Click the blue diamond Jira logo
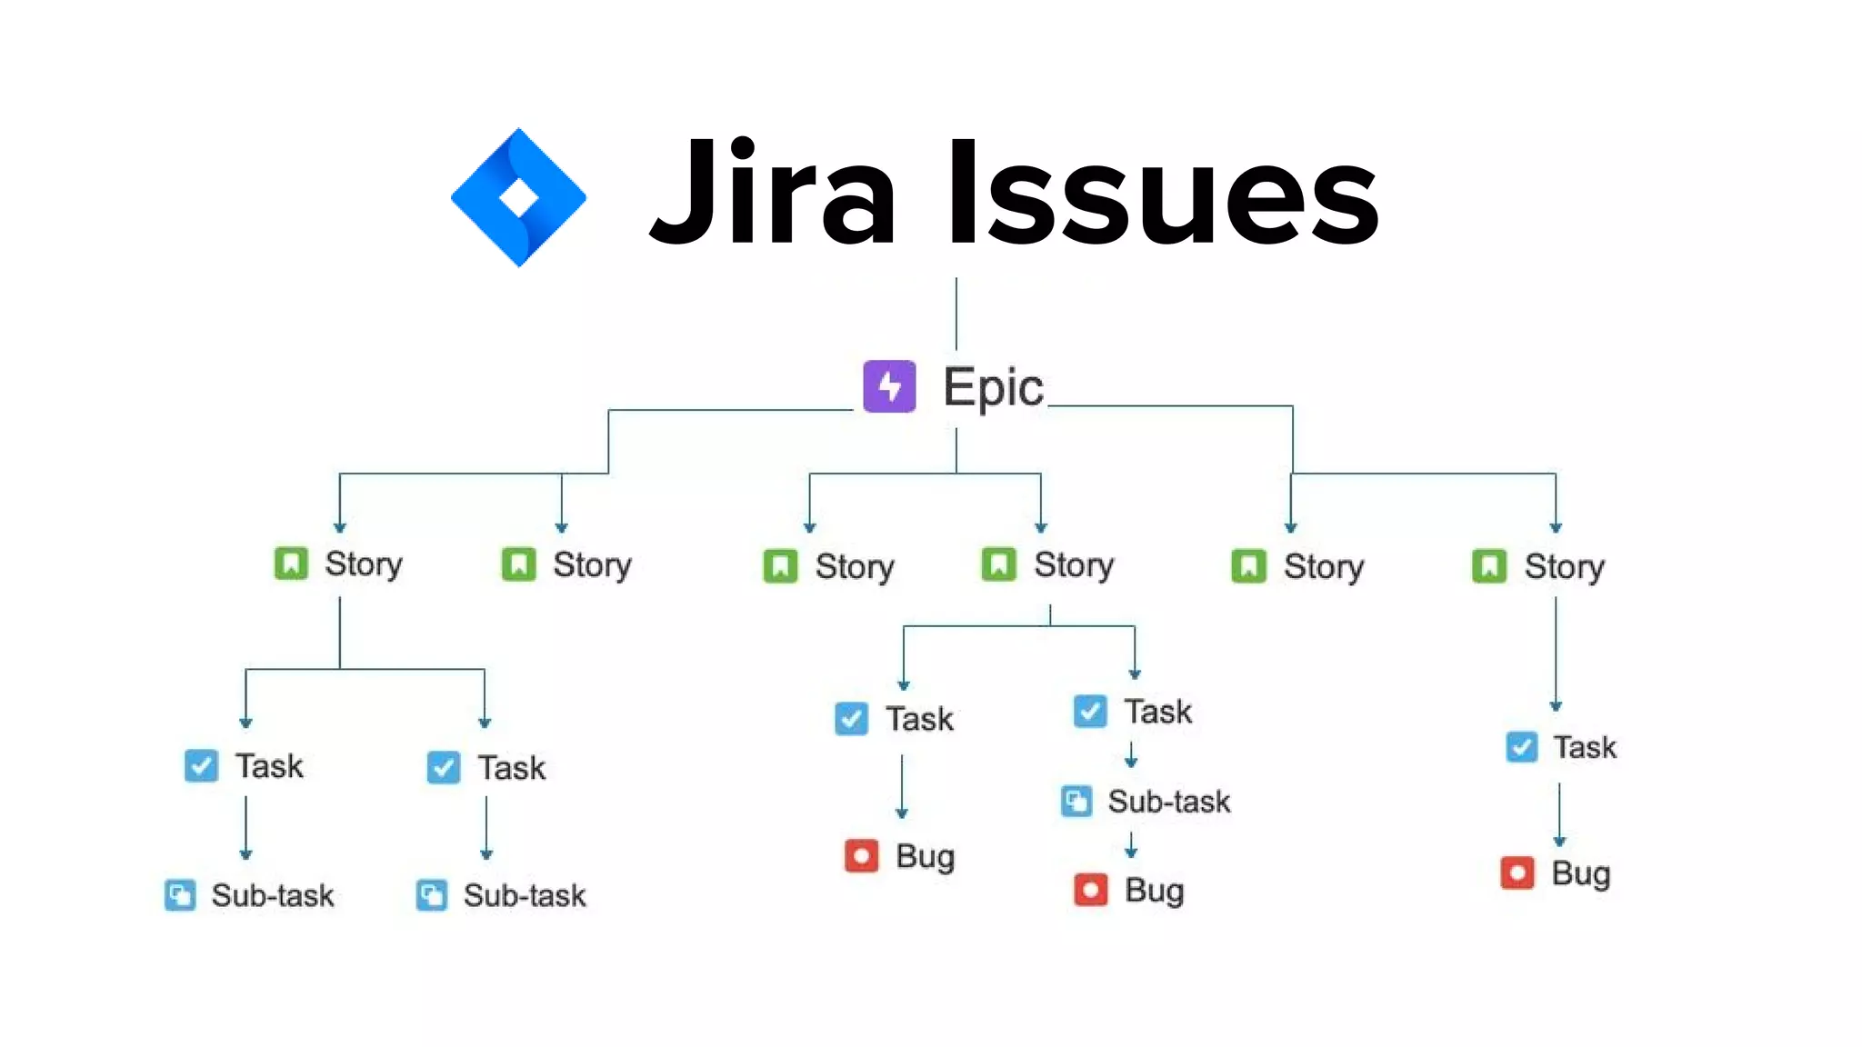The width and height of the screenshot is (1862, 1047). (x=518, y=197)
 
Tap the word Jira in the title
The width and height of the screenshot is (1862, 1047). (x=773, y=193)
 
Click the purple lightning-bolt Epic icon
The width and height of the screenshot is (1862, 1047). (x=889, y=386)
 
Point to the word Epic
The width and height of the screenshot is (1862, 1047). (x=993, y=388)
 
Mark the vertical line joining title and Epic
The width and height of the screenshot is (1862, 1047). (x=956, y=314)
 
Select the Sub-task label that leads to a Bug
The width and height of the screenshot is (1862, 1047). (x=1168, y=802)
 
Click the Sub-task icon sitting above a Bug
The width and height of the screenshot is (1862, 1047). (x=1076, y=802)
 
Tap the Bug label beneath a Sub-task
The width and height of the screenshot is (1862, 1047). (x=1154, y=891)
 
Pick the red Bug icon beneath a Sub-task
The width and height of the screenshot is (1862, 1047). (x=1091, y=890)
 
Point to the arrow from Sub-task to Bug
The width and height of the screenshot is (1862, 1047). (x=1131, y=845)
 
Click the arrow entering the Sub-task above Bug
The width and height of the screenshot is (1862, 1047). (x=1131, y=754)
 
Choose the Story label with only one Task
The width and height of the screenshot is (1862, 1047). (x=1564, y=567)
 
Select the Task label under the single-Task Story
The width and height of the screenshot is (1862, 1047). (x=1585, y=747)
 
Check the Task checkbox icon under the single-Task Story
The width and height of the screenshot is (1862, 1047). (x=1522, y=747)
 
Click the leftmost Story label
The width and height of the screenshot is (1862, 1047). (x=364, y=564)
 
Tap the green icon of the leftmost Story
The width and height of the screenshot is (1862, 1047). (x=291, y=563)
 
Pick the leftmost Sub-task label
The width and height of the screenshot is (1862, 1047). (x=273, y=896)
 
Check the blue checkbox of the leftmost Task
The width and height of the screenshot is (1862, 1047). (x=201, y=766)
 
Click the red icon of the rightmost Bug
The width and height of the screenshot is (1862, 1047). (x=1517, y=873)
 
